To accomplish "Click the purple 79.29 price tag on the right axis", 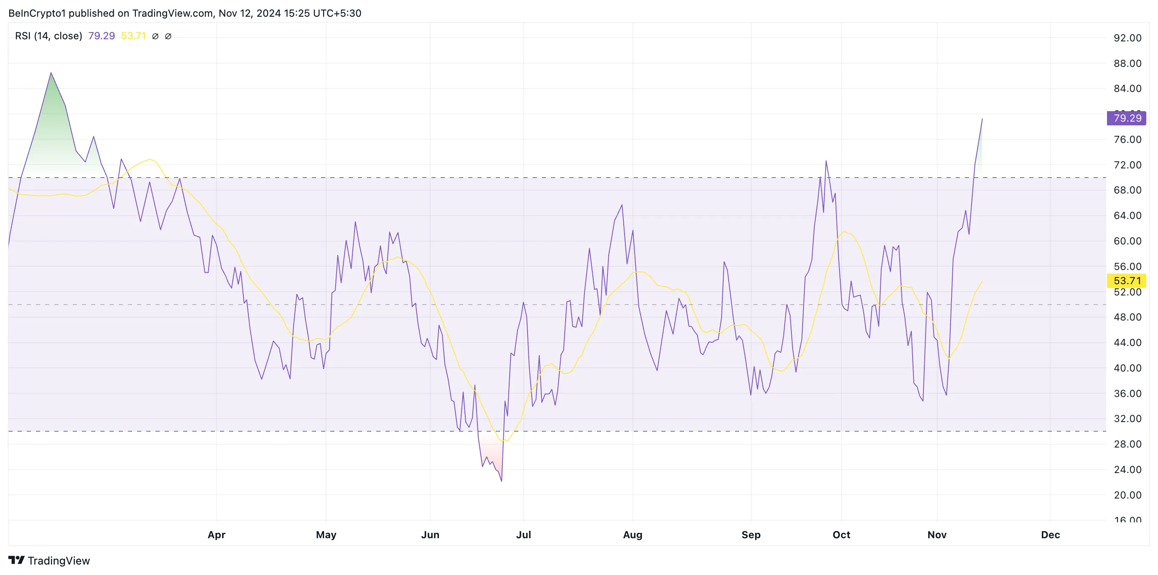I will coord(1126,118).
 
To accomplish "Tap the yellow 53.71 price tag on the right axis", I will coord(1126,281).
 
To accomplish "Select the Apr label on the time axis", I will coord(216,534).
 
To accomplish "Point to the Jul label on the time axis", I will coord(523,534).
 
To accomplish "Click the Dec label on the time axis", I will coord(1050,534).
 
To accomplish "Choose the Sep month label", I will coord(751,534).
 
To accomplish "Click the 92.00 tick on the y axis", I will coord(1127,38).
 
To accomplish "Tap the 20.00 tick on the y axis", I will coord(1127,495).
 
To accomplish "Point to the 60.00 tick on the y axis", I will coord(1127,241).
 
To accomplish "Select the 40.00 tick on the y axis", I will coord(1127,368).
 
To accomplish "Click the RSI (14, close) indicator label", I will coord(48,36).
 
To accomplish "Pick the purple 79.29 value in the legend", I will coord(102,36).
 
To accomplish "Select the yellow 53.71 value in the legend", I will coord(133,36).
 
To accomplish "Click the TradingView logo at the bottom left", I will coord(49,561).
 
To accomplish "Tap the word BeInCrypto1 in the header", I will coord(37,13).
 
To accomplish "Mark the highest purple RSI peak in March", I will coord(51,73).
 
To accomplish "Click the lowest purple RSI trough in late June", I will coord(501,481).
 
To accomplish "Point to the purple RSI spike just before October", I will coord(826,161).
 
